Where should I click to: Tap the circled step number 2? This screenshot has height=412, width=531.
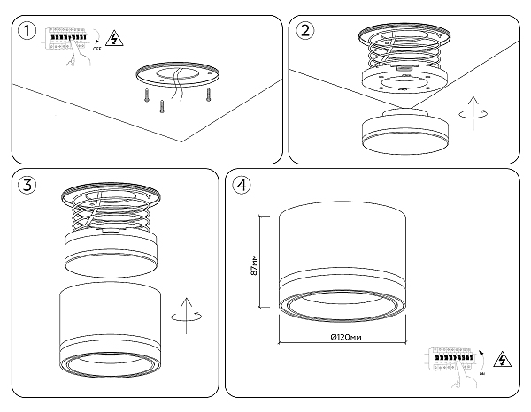[x=305, y=33]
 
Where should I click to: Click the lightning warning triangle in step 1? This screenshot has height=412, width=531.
[x=112, y=38]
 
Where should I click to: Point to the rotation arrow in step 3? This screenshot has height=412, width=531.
[x=187, y=316]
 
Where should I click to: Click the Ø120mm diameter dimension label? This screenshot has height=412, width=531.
[x=342, y=339]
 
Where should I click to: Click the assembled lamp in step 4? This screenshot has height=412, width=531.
[x=342, y=265]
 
